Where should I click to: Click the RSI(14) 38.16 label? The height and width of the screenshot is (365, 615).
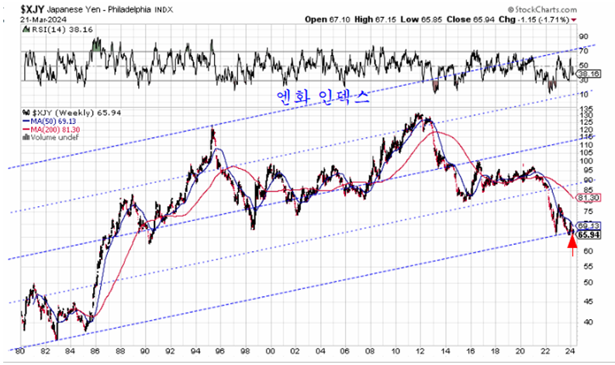click(x=51, y=28)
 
